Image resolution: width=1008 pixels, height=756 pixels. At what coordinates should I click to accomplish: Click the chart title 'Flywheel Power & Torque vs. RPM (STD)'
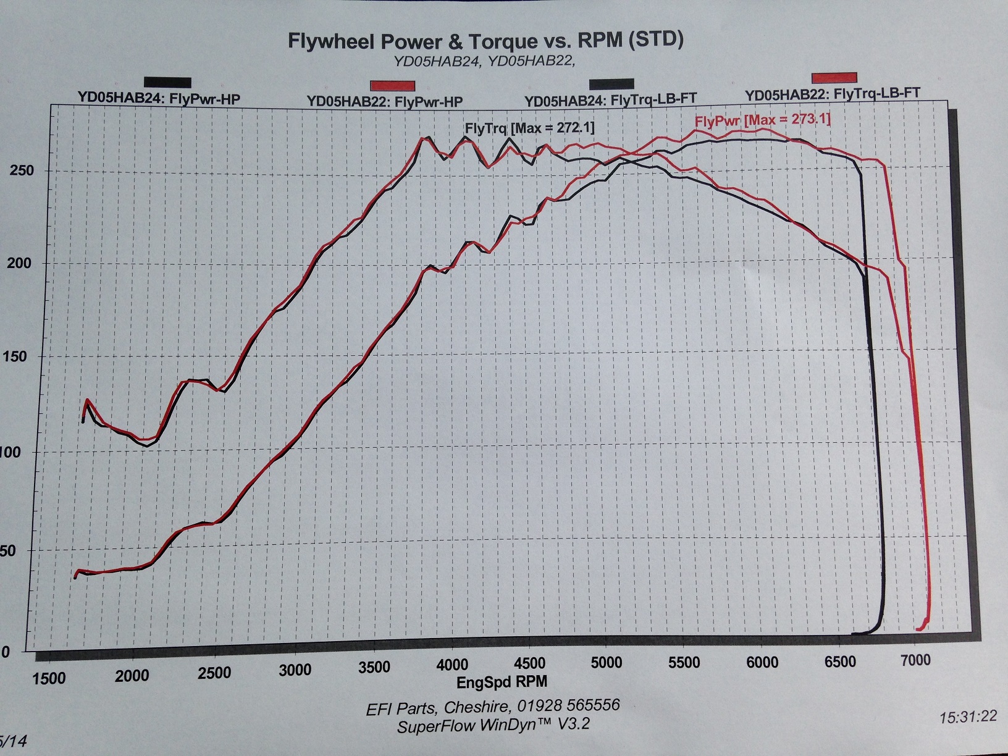coord(485,41)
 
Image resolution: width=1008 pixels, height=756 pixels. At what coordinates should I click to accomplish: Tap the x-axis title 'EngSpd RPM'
coord(502,682)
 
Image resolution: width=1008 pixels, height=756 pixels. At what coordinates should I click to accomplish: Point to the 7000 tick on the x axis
coord(915,660)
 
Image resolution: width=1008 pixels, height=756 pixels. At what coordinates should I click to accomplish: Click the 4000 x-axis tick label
coord(452,665)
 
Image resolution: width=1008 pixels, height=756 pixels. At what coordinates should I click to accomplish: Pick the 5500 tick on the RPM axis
coord(684,663)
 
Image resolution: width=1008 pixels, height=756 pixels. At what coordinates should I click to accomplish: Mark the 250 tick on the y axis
coord(22,170)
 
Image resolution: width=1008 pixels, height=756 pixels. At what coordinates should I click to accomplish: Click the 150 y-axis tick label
coord(18,356)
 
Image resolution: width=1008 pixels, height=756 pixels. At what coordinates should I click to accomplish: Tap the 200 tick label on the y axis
coord(19,263)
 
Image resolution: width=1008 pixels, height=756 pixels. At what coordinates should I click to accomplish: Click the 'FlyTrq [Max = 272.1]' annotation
coord(529,128)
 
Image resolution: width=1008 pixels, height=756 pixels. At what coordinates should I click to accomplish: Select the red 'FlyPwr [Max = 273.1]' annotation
coord(763,119)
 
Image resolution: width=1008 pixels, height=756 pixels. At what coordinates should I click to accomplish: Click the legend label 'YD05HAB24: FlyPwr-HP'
coord(159,98)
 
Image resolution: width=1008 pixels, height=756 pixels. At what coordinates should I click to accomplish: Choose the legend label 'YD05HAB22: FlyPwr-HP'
coord(385,101)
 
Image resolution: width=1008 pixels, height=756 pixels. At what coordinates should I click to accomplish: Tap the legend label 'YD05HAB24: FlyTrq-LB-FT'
coord(610,99)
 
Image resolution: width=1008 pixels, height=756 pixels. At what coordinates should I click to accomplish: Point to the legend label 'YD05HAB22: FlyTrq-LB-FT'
coord(832,94)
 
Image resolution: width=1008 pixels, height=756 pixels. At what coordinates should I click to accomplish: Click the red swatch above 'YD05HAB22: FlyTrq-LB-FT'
coord(834,77)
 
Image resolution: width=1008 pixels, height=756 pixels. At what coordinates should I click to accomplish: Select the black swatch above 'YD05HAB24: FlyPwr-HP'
coord(167,82)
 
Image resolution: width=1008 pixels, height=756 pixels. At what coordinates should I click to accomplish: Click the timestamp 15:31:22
coord(968,716)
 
